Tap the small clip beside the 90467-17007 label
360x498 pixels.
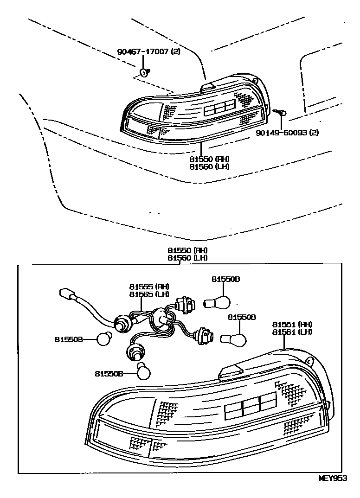[x=144, y=71]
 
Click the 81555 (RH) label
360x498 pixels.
[x=149, y=287]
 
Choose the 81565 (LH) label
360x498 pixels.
[x=149, y=294]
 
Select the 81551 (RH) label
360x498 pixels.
[x=292, y=324]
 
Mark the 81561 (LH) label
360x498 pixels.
[x=292, y=332]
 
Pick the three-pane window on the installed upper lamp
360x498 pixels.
[x=220, y=108]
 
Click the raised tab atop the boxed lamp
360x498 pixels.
[x=230, y=371]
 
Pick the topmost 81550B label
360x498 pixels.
[x=226, y=280]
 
